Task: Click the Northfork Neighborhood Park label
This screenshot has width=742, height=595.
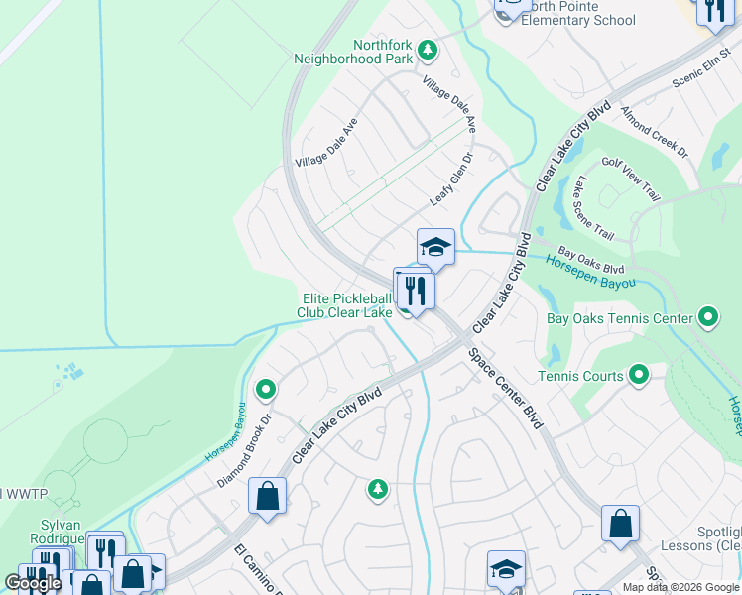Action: pyautogui.click(x=353, y=52)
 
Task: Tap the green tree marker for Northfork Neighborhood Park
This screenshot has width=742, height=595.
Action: pyautogui.click(x=428, y=49)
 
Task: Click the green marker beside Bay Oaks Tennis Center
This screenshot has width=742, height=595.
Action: pyautogui.click(x=707, y=318)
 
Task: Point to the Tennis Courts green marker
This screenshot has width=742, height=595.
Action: pyautogui.click(x=639, y=375)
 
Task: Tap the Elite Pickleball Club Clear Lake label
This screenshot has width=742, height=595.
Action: pyautogui.click(x=346, y=305)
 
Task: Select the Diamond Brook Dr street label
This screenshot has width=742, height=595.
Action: pyautogui.click(x=244, y=451)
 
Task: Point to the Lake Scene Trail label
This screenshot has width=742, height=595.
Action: pyautogui.click(x=593, y=208)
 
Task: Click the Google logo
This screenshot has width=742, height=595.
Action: pyautogui.click(x=33, y=584)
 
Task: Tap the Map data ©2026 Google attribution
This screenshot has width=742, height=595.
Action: pyautogui.click(x=680, y=587)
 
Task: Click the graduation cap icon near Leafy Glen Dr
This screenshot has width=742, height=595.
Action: pyautogui.click(x=435, y=247)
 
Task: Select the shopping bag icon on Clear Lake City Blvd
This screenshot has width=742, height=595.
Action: pyautogui.click(x=268, y=495)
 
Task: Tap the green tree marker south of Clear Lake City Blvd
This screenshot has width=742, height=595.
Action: pyautogui.click(x=377, y=488)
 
